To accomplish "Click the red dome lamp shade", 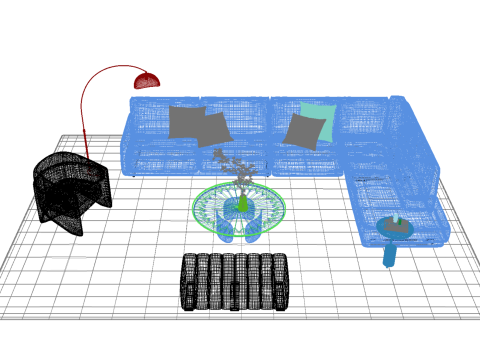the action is (x=148, y=79).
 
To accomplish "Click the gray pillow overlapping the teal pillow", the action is (x=301, y=131).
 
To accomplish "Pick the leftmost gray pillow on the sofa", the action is (x=184, y=121).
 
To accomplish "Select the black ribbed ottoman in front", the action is (x=235, y=281).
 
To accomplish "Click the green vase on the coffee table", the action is (x=241, y=204).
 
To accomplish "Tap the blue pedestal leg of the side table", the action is (x=389, y=252).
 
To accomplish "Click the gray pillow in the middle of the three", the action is (x=214, y=129).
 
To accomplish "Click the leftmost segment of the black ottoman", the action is (x=189, y=281).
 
